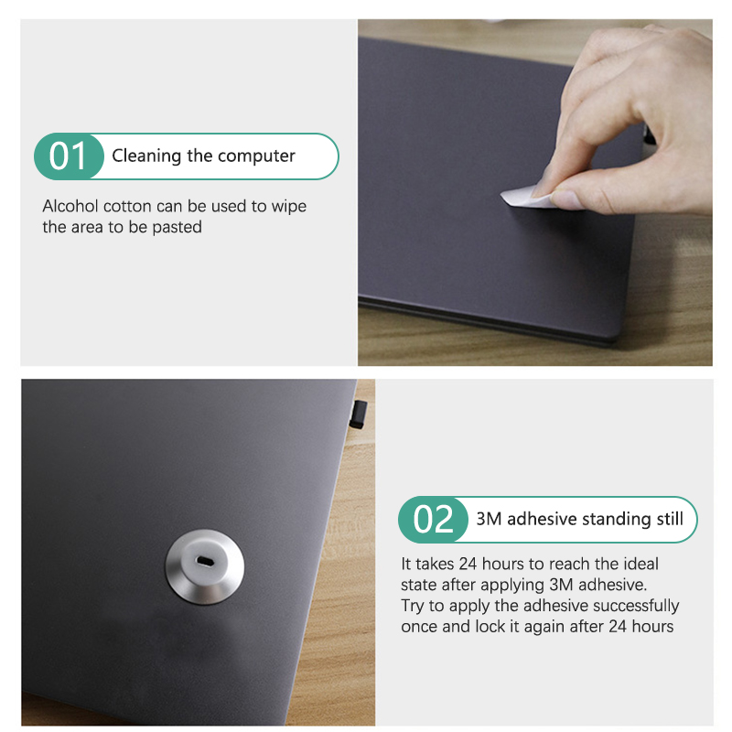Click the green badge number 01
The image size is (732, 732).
pyautogui.click(x=68, y=156)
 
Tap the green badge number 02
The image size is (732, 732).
pyautogui.click(x=433, y=519)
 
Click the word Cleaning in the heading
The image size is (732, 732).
pyautogui.click(x=146, y=156)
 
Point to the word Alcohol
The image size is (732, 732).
pyautogui.click(x=70, y=206)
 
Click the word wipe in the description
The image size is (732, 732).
pyautogui.click(x=289, y=207)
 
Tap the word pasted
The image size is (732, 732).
pyautogui.click(x=177, y=227)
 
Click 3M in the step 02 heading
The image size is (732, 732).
pyautogui.click(x=489, y=519)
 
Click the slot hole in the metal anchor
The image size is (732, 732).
pyautogui.click(x=204, y=561)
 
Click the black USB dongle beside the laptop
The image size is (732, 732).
pyautogui.click(x=359, y=414)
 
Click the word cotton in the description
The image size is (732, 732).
pyautogui.click(x=127, y=207)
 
